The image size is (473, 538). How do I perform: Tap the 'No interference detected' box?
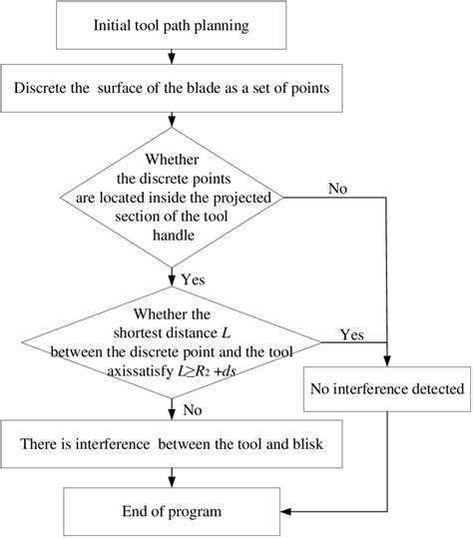[386, 388]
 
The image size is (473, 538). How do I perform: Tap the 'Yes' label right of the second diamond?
[352, 332]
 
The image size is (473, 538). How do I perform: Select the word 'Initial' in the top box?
[115, 24]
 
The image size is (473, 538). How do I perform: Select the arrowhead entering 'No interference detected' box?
[386, 362]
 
